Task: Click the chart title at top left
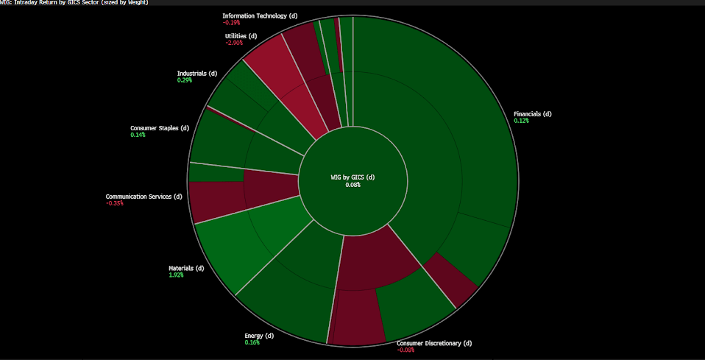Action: click(74, 3)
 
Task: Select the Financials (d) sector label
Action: click(532, 114)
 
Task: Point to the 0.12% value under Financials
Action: click(521, 121)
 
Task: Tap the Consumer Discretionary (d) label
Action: click(433, 343)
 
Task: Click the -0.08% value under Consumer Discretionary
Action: click(405, 350)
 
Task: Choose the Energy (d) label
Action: click(259, 336)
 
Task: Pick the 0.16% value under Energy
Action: click(252, 342)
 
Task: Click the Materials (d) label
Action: click(186, 268)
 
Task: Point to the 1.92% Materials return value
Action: click(176, 275)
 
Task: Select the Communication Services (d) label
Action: click(144, 197)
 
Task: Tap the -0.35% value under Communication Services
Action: click(114, 203)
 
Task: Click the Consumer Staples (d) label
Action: click(160, 128)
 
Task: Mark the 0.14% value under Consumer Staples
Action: click(138, 135)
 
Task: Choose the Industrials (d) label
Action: click(197, 73)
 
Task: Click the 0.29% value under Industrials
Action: click(184, 80)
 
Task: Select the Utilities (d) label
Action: click(241, 36)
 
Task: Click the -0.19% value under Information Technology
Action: click(231, 22)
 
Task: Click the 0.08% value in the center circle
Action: click(352, 185)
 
